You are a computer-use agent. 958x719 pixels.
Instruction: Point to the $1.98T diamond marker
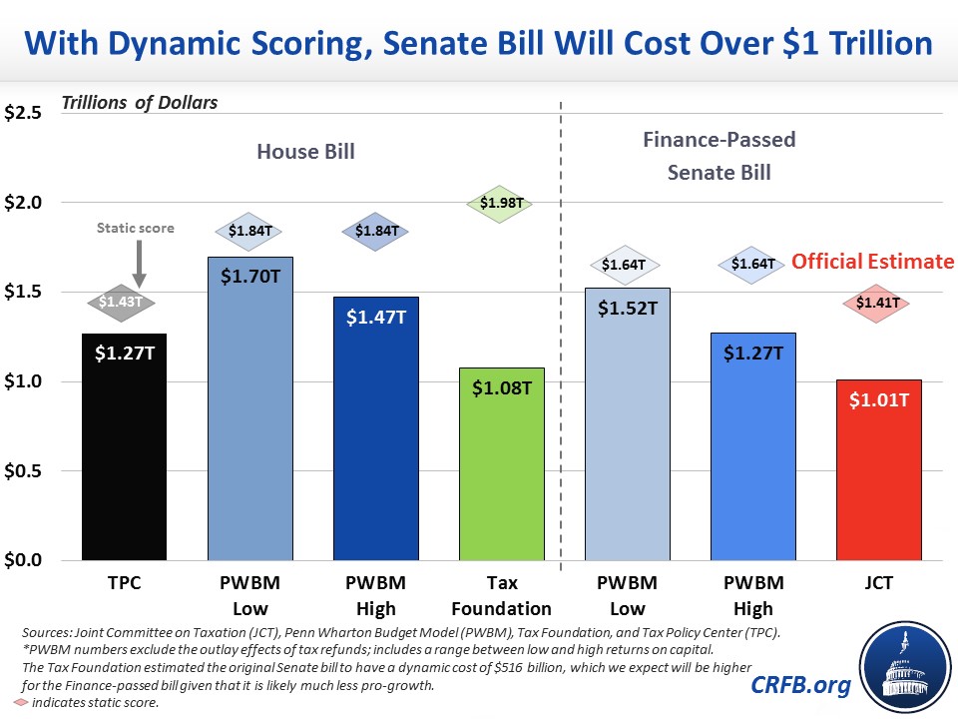pyautogui.click(x=501, y=204)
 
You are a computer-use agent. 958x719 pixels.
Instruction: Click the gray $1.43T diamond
pyautogui.click(x=125, y=302)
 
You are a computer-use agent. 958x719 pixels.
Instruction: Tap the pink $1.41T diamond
pyautogui.click(x=879, y=302)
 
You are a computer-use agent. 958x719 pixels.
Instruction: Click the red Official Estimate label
pyautogui.click(x=873, y=262)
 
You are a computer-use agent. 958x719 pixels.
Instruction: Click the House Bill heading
pyautogui.click(x=305, y=152)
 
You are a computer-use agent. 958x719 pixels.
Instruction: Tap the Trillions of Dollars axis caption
pyautogui.click(x=140, y=102)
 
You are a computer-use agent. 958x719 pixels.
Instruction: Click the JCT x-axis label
pyautogui.click(x=879, y=583)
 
